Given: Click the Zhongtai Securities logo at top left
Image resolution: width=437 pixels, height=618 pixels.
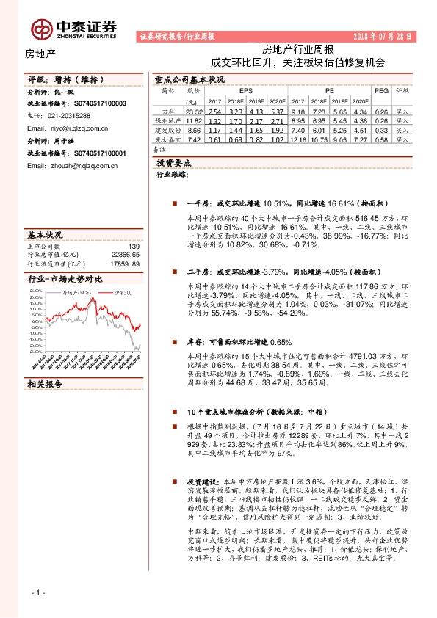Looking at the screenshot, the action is [x=73, y=29].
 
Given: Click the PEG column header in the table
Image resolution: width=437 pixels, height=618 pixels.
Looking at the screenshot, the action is [x=380, y=90].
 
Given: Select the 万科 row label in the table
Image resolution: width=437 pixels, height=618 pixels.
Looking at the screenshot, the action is [x=167, y=112].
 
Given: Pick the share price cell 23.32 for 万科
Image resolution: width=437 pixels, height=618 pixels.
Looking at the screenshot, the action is [x=193, y=112].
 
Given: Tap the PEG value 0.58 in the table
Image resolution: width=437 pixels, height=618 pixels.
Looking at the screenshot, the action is [x=380, y=139].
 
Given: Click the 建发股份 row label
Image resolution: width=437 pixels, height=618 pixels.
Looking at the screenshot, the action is [x=167, y=130].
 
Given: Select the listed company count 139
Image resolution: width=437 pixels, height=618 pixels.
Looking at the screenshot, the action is [x=134, y=247].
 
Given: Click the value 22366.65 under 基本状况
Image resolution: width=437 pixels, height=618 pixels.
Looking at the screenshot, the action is [x=126, y=255].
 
